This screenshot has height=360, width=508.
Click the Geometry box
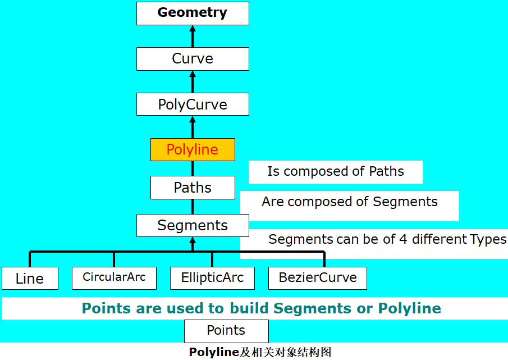pyautogui.click(x=193, y=13)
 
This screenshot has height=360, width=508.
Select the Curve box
pyautogui.click(x=193, y=59)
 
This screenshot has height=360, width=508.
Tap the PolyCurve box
pyautogui.click(x=193, y=104)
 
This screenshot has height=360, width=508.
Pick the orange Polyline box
pyautogui.click(x=193, y=150)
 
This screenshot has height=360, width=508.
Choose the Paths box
pyautogui.click(x=193, y=188)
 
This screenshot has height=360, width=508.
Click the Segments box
pyautogui.click(x=193, y=226)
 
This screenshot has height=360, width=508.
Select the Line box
pyautogui.click(x=30, y=279)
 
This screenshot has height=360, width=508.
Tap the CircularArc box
pyautogui.click(x=114, y=277)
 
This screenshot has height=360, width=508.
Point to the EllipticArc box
pyautogui.click(x=212, y=277)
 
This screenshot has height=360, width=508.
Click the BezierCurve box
pyautogui.click(x=318, y=277)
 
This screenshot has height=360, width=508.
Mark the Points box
pyautogui.click(x=226, y=331)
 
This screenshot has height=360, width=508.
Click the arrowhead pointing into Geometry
pyautogui.click(x=193, y=29)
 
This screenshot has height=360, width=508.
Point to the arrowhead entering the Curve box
pyautogui.click(x=193, y=74)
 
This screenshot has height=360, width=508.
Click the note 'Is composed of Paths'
pyautogui.click(x=336, y=171)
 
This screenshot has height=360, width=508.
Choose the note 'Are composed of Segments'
pyautogui.click(x=349, y=202)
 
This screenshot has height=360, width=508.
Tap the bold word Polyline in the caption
pyautogui.click(x=214, y=353)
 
